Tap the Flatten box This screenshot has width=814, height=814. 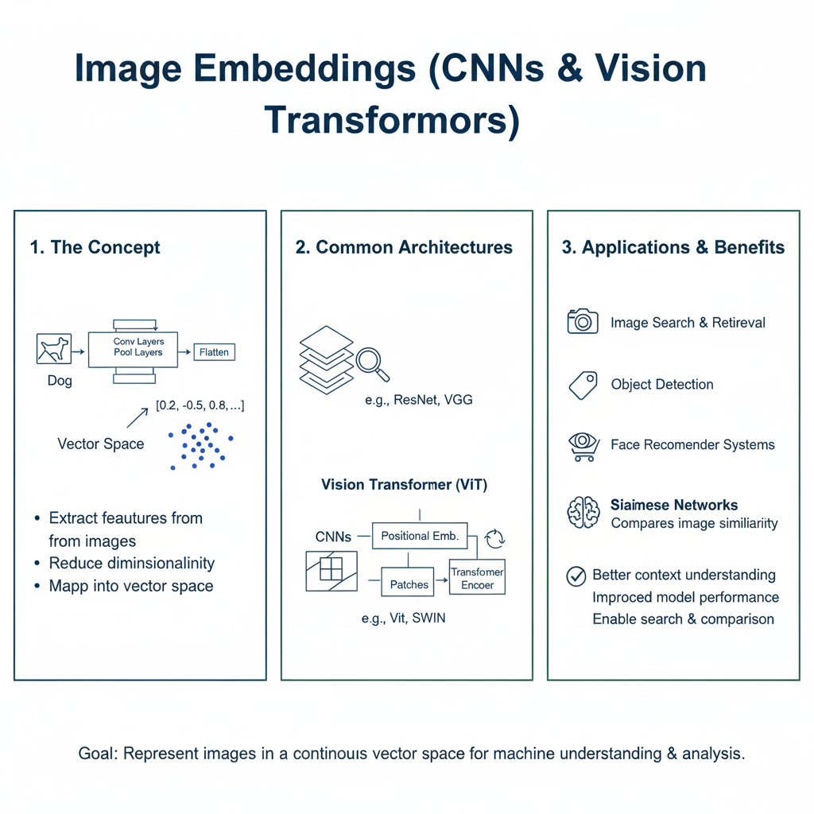(x=214, y=351)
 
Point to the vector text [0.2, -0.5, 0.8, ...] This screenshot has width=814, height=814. (x=200, y=405)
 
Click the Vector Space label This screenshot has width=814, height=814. (x=100, y=444)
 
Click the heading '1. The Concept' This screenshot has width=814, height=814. (x=95, y=247)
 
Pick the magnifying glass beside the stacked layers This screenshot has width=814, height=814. (x=371, y=362)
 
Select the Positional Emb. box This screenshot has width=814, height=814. (x=420, y=536)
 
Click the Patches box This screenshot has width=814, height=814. (x=409, y=584)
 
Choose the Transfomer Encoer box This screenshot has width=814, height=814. (x=477, y=578)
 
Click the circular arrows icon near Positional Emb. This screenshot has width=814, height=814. (x=494, y=538)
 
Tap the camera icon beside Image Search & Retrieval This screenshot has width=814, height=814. (x=583, y=321)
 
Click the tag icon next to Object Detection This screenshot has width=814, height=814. (x=583, y=385)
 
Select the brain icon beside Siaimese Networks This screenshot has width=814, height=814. (x=583, y=513)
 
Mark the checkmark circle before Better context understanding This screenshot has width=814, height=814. (x=576, y=576)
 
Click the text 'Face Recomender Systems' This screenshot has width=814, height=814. (x=692, y=444)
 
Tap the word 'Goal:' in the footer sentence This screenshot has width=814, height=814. (x=96, y=753)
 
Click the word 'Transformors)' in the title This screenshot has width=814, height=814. (x=391, y=120)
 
